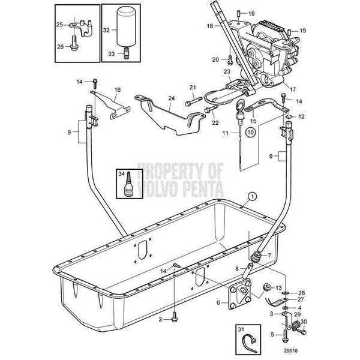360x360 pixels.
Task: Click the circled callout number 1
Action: (x=252, y=196)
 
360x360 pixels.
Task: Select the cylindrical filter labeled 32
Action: (x=125, y=28)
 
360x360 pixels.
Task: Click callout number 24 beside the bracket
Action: (x=172, y=98)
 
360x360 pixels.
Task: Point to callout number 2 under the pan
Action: (x=160, y=320)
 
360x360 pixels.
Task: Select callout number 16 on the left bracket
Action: (x=118, y=90)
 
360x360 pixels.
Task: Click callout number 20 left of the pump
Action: (x=216, y=59)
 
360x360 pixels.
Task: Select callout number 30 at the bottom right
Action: (x=302, y=321)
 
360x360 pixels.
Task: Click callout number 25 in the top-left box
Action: (x=59, y=25)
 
